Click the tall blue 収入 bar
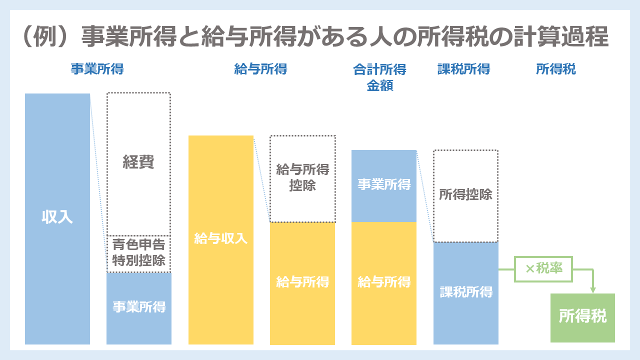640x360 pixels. pyautogui.click(x=57, y=218)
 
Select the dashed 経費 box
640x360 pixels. pyautogui.click(x=138, y=163)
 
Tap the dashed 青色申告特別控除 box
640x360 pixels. pyautogui.click(x=138, y=253)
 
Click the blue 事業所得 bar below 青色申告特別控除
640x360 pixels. pyautogui.click(x=139, y=307)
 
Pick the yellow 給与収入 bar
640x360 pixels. pyautogui.click(x=221, y=239)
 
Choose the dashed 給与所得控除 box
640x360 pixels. pyautogui.click(x=302, y=178)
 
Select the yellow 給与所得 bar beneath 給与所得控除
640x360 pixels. pyautogui.click(x=302, y=282)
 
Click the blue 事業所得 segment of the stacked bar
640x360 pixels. pyautogui.click(x=384, y=185)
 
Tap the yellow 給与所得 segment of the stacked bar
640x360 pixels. pyautogui.click(x=384, y=282)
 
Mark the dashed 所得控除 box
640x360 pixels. pyautogui.click(x=465, y=195)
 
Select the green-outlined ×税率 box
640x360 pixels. pyautogui.click(x=543, y=268)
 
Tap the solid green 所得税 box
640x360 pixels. pyautogui.click(x=582, y=317)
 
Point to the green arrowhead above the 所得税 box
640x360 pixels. pyautogui.click(x=593, y=289)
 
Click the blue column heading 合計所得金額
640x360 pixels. pyautogui.click(x=380, y=77)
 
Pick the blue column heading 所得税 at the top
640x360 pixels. pyautogui.click(x=556, y=69)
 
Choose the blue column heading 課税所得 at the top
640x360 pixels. pyautogui.click(x=463, y=69)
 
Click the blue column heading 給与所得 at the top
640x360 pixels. pyautogui.click(x=260, y=69)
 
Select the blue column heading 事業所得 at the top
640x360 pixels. pyautogui.click(x=97, y=69)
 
